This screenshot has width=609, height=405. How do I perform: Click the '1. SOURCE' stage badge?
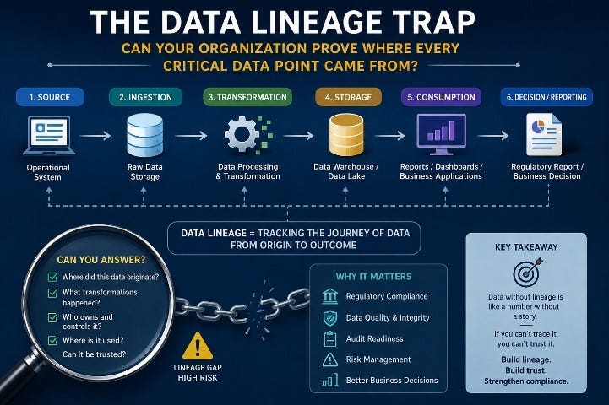50,97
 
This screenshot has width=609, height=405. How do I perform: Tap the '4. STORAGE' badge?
348,97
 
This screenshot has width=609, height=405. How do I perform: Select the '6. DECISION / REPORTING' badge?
546,97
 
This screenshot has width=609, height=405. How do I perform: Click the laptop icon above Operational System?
49,135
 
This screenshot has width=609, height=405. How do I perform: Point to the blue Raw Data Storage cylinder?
145,135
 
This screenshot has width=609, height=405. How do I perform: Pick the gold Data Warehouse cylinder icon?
346,135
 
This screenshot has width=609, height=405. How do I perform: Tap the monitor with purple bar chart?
441,134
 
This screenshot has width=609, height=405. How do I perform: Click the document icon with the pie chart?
544,134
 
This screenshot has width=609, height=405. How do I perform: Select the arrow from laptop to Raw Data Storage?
95,136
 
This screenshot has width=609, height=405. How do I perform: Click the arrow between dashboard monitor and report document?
493,135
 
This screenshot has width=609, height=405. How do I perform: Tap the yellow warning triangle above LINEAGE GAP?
198,346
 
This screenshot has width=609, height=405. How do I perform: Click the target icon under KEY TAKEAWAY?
527,273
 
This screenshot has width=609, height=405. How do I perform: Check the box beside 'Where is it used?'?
52,340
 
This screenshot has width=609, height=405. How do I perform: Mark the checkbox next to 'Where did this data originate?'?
52,277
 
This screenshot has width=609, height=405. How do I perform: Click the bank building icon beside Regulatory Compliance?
330,296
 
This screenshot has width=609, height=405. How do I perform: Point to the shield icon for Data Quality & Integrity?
330,318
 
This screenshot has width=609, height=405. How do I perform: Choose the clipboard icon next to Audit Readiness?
330,338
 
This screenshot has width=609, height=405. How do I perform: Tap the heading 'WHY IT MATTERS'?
373,277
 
